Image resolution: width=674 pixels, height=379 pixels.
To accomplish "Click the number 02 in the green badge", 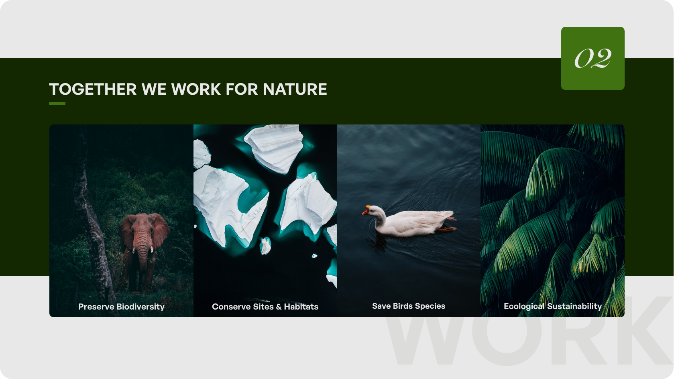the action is (x=593, y=58).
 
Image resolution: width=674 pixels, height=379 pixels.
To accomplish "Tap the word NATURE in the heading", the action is (x=295, y=89).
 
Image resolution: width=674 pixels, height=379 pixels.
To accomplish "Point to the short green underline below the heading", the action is (x=57, y=104).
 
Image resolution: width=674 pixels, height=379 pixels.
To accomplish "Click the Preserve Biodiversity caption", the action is (x=121, y=307).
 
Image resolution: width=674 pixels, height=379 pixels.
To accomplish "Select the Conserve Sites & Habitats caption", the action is (x=265, y=307).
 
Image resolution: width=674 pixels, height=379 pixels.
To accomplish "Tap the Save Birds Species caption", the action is (x=409, y=306).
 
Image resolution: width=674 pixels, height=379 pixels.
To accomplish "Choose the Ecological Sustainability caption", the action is (x=553, y=306).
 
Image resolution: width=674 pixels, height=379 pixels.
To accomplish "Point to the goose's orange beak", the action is (x=366, y=210).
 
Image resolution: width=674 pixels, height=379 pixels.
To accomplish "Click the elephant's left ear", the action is (x=161, y=229).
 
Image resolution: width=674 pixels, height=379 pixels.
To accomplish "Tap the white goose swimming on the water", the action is (x=409, y=221).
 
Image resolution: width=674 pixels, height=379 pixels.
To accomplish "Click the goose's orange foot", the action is (x=446, y=229).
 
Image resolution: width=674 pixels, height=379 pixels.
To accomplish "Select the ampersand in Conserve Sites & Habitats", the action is (x=279, y=307).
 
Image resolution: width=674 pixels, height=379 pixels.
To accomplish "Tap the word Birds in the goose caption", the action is (x=403, y=306).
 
